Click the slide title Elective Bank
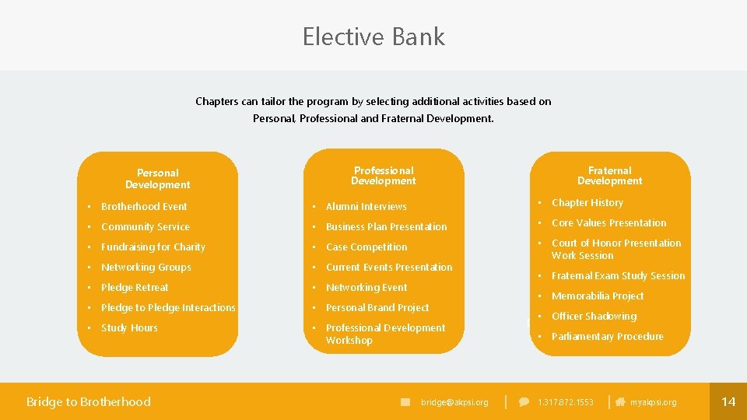click(373, 37)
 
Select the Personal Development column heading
click(158, 179)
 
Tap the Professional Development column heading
click(384, 176)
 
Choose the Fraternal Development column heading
click(610, 176)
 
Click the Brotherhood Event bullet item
click(144, 207)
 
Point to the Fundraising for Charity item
click(153, 247)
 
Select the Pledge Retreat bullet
click(135, 288)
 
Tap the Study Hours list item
click(129, 328)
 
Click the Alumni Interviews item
click(366, 207)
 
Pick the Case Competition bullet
click(366, 247)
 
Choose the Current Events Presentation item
click(389, 268)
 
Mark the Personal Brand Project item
click(377, 308)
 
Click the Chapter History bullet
click(587, 203)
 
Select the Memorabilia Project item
click(598, 296)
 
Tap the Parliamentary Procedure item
click(608, 337)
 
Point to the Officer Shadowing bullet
click(594, 317)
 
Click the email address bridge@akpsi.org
click(454, 402)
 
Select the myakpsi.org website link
click(653, 402)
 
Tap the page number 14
click(728, 401)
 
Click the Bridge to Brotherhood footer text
click(89, 401)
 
